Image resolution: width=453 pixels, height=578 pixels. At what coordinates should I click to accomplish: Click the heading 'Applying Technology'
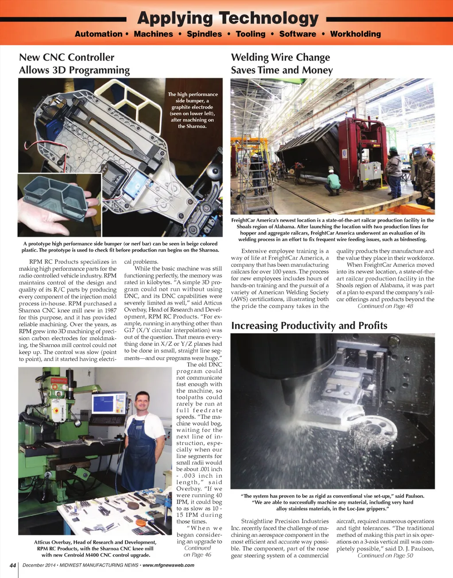click(x=228, y=18)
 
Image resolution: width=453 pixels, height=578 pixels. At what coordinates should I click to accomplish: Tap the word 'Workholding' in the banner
click(x=355, y=34)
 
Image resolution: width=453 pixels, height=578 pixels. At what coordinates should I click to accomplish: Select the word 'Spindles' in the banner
click(x=204, y=34)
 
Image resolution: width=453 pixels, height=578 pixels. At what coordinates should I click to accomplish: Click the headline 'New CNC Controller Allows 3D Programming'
click(x=74, y=64)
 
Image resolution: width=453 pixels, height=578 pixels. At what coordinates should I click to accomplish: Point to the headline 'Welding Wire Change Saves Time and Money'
click(x=282, y=64)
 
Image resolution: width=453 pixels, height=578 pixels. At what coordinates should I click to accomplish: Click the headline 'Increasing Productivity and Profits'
click(x=309, y=326)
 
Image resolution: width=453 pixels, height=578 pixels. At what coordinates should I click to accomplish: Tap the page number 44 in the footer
click(x=13, y=565)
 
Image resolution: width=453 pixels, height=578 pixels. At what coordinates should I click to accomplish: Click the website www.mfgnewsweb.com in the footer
click(x=168, y=565)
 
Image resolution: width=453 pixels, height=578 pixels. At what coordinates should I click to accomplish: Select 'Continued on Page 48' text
click(x=385, y=306)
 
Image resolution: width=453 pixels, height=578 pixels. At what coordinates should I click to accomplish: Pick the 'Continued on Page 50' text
click(x=385, y=555)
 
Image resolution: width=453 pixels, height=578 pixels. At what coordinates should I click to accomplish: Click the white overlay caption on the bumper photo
click(x=193, y=110)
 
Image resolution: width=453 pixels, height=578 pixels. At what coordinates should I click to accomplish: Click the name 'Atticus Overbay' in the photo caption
click(x=55, y=542)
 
